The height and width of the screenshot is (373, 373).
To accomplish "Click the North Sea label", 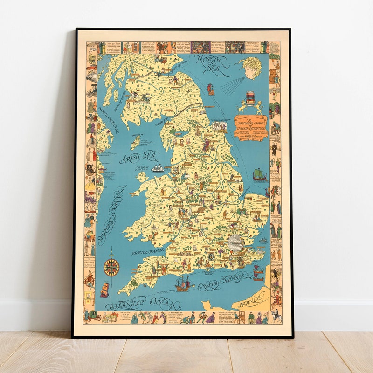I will (x=211, y=65).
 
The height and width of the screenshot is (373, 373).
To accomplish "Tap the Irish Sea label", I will (x=139, y=157).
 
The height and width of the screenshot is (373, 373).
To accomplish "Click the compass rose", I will (x=111, y=267).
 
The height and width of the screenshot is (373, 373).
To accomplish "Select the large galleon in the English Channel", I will (x=184, y=283).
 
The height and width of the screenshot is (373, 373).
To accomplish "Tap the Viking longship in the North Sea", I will (x=260, y=174).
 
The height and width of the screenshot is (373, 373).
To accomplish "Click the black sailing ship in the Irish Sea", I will (x=158, y=166).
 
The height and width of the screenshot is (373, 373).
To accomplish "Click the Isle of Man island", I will (x=136, y=140).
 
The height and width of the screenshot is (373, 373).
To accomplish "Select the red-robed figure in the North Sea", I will (x=211, y=89).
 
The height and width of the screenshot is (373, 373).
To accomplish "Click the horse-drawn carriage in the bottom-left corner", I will (x=95, y=316).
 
